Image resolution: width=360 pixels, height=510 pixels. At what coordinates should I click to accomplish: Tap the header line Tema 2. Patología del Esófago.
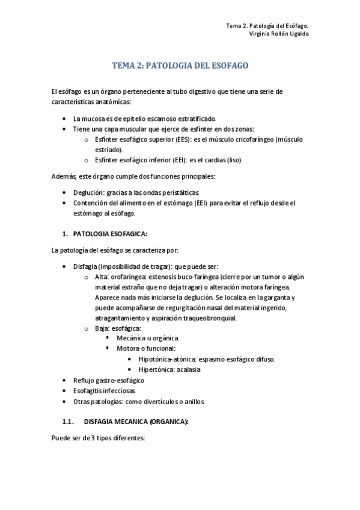pos(270,26)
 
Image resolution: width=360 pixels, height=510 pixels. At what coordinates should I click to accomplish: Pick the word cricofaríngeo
pos(242,140)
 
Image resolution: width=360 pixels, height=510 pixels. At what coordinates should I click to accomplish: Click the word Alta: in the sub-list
pos(102,277)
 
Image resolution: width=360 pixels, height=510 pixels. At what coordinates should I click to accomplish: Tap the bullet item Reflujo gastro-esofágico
pos(108,380)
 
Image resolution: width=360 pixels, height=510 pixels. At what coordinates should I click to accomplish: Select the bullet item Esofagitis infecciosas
pos(104,390)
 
